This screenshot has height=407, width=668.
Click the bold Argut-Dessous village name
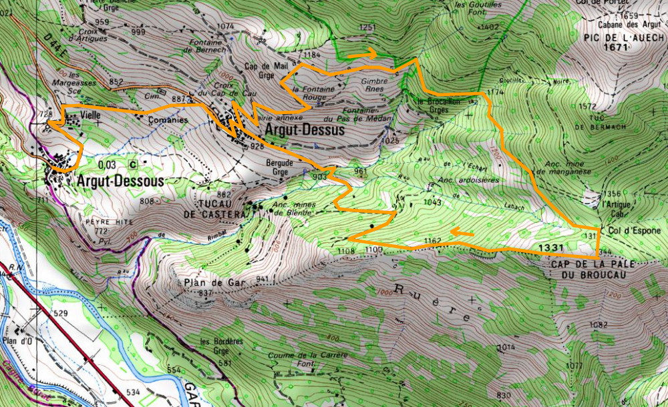(120, 181)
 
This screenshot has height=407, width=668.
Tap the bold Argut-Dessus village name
(305, 130)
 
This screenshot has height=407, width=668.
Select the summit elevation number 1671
(616, 48)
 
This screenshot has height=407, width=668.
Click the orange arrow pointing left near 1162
(462, 233)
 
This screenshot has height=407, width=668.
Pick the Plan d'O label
(19, 341)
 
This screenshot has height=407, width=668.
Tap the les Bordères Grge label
(218, 346)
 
